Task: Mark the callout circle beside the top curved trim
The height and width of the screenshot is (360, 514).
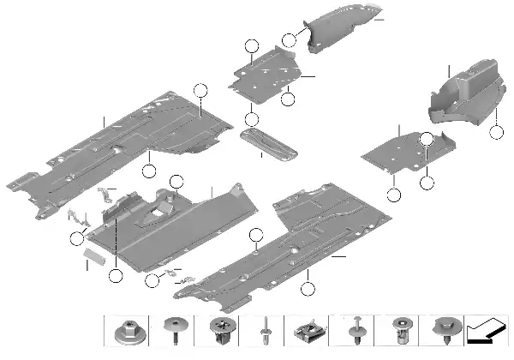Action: tap(290, 39)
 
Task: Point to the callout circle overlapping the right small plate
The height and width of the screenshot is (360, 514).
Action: tap(427, 140)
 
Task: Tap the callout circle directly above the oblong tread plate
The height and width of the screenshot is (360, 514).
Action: tap(251, 119)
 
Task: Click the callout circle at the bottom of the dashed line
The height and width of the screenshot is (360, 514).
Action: tap(116, 276)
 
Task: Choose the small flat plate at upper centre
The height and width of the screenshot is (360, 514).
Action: tap(266, 73)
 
